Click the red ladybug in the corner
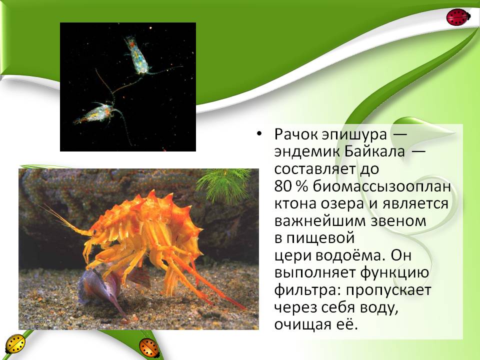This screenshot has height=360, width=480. point(458,17)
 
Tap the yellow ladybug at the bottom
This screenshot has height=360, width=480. point(15,344)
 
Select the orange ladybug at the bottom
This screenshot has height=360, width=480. point(149,347)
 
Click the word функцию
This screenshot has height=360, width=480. point(394,273)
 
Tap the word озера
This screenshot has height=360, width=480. point(344,204)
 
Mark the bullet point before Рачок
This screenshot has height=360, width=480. point(259,134)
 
